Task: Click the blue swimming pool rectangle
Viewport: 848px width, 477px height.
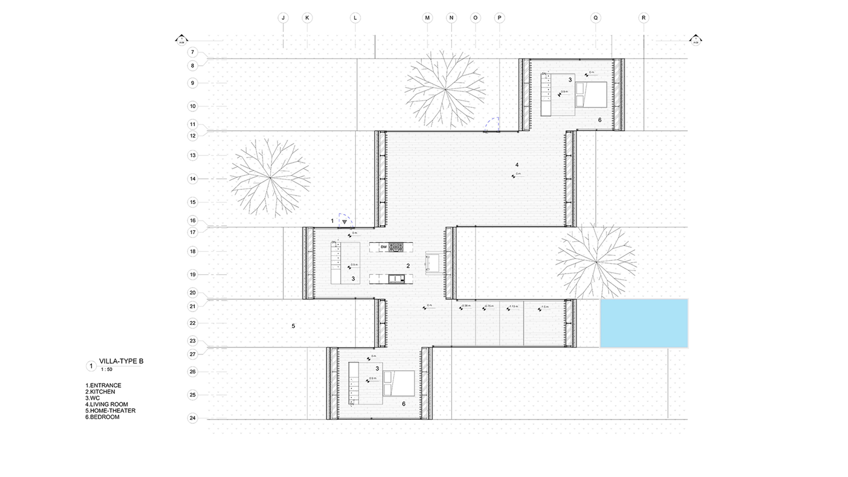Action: [x=644, y=323]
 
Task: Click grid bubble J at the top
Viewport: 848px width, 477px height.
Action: [x=283, y=18]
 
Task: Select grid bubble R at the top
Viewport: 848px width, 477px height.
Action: [x=644, y=18]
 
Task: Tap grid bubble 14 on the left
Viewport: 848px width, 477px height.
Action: [x=193, y=179]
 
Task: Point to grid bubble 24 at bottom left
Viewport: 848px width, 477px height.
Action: [x=193, y=418]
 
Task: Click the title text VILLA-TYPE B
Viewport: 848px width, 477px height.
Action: [x=121, y=361]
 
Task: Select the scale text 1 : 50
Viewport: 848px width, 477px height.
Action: [x=106, y=369]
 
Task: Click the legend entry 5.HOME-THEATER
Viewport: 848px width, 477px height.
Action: [x=110, y=411]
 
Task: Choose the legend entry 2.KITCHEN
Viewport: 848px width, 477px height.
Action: [x=100, y=392]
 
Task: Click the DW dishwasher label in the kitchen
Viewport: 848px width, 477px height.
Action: [x=384, y=247]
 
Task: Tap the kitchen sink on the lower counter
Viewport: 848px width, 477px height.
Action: [x=396, y=278]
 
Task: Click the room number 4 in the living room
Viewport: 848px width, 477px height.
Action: [x=517, y=165]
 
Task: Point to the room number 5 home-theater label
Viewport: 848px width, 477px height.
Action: [x=293, y=326]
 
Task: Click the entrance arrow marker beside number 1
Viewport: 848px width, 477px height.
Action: [x=344, y=222]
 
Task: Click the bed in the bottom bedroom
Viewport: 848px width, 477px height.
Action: [x=399, y=383]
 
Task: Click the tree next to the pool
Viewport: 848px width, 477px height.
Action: [x=596, y=262]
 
